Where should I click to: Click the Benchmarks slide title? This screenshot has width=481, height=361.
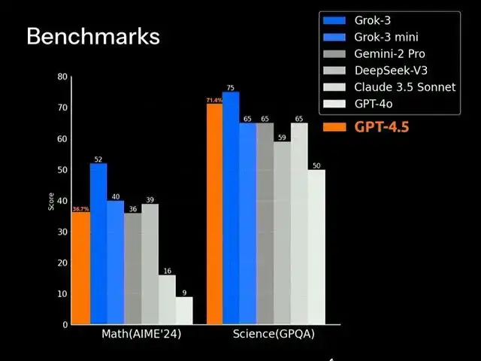(93, 36)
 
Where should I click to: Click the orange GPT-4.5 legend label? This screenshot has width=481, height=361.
(381, 126)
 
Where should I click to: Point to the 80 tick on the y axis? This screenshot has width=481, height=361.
(62, 77)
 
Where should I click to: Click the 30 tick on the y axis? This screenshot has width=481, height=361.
(62, 232)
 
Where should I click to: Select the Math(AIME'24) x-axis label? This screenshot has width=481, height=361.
(141, 333)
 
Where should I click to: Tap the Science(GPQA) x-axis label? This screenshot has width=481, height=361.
(274, 333)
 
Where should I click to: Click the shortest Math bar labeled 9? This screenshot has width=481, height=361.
(184, 310)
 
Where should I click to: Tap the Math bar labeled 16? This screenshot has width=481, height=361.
(167, 299)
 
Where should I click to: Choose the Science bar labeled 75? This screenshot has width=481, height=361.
(231, 208)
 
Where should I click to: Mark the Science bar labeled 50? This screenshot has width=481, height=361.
(316, 247)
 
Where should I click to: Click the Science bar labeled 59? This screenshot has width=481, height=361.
(282, 232)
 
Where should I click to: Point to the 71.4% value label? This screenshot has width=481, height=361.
(213, 100)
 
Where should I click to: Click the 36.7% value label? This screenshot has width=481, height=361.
(80, 208)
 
